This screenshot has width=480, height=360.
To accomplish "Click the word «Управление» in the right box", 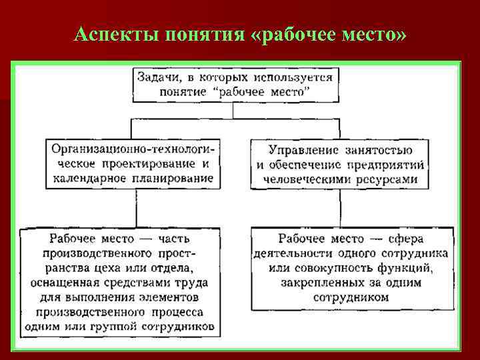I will pyautogui.click(x=305, y=150).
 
